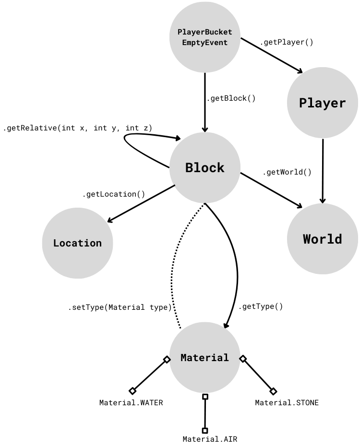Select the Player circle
click(323, 103)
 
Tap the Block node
click(205, 168)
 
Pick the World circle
click(323, 239)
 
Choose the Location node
click(78, 243)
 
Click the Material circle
click(205, 358)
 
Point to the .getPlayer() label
click(287, 42)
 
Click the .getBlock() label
click(231, 98)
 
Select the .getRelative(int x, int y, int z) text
click(77, 128)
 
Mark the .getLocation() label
click(113, 194)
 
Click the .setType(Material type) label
click(120, 307)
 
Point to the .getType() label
click(261, 306)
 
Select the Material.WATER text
click(131, 403)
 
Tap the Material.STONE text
click(287, 403)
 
